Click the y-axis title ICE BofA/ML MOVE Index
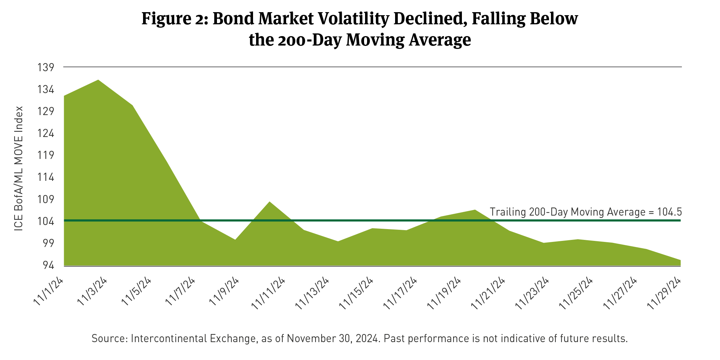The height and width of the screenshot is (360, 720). click(x=19, y=169)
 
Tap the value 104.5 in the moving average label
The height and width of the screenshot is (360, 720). click(x=670, y=212)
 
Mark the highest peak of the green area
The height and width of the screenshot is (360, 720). click(x=98, y=80)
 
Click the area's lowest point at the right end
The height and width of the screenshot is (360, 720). click(x=680, y=260)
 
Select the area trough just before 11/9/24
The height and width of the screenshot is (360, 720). click(x=235, y=240)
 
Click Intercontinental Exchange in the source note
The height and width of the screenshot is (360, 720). click(x=193, y=338)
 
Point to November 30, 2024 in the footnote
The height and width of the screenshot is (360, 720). click(x=332, y=338)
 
